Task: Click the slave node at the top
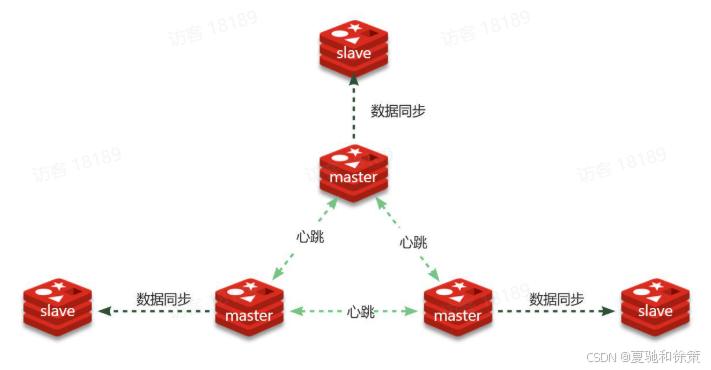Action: click(354, 48)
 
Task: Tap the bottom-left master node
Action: click(249, 308)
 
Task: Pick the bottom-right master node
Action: click(458, 308)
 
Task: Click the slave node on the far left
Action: click(58, 308)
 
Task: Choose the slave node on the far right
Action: click(655, 308)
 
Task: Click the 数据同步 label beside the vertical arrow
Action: click(398, 111)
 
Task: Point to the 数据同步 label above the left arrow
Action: click(164, 299)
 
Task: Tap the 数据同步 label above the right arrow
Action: click(556, 299)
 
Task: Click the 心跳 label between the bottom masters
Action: click(360, 312)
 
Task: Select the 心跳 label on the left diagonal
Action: click(310, 236)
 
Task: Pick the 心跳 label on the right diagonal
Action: click(413, 242)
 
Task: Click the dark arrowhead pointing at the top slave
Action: click(354, 81)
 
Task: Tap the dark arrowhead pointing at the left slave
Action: click(105, 311)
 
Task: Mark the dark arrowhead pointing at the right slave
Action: click(609, 311)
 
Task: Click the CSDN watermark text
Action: click(643, 357)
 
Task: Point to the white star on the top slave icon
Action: click(355, 27)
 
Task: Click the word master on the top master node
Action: click(353, 177)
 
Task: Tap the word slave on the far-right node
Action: click(655, 311)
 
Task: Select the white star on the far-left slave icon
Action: click(59, 286)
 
